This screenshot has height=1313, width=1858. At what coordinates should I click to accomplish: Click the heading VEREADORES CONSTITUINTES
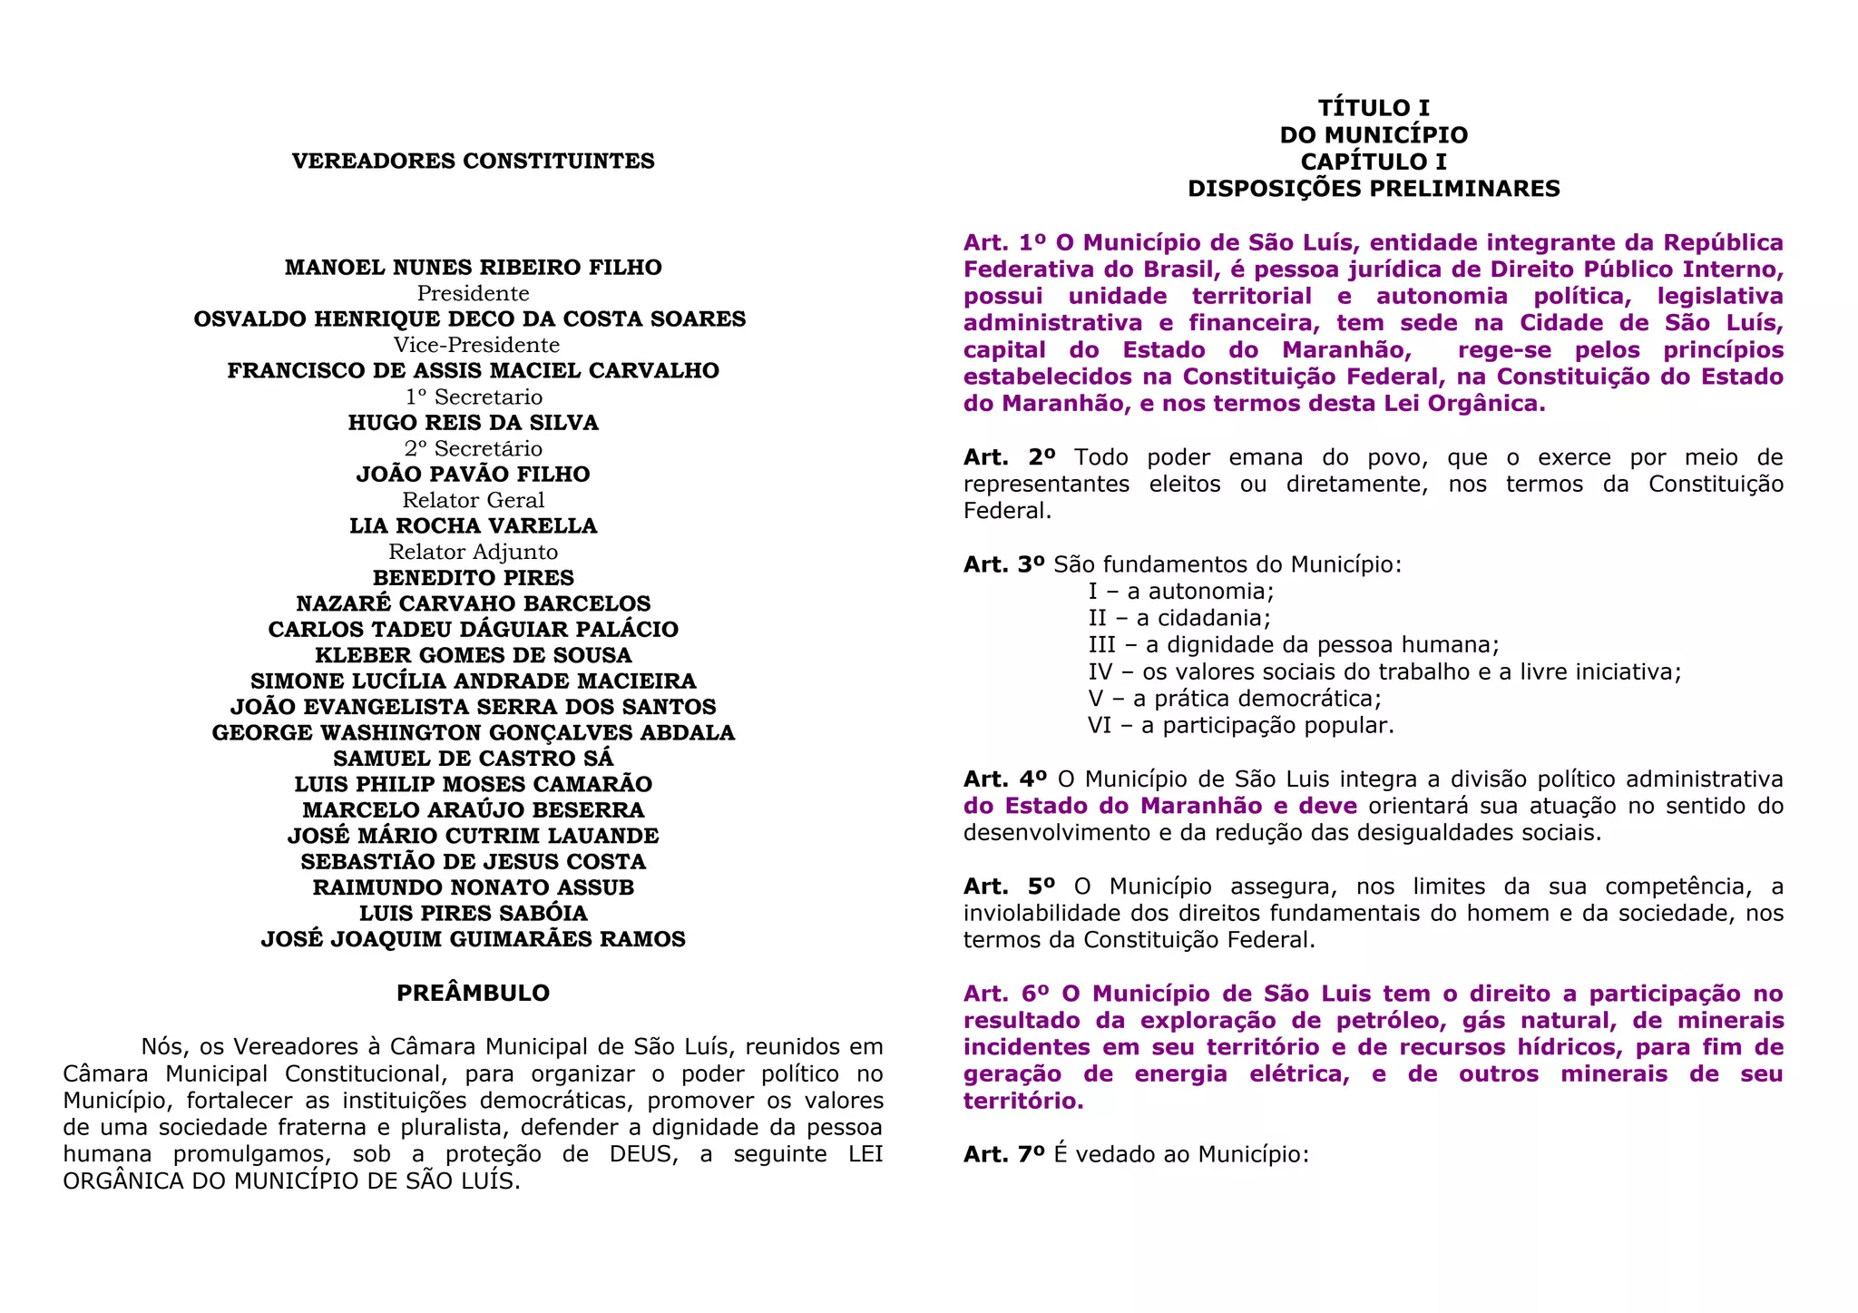(x=473, y=162)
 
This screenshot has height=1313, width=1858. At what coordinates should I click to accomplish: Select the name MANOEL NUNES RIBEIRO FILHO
(x=473, y=268)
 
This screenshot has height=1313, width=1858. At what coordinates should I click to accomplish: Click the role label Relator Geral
(x=474, y=501)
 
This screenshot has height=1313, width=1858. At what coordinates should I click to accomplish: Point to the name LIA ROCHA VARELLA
(x=473, y=526)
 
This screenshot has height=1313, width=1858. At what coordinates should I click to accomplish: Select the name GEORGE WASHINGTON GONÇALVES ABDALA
(x=473, y=733)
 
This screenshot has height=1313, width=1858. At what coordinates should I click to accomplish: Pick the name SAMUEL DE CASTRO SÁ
(x=473, y=759)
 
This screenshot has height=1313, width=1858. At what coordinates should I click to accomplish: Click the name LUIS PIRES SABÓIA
(x=473, y=914)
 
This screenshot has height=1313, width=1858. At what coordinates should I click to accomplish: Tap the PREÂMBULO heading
(x=473, y=994)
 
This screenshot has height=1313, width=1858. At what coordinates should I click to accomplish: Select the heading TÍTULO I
(x=1374, y=109)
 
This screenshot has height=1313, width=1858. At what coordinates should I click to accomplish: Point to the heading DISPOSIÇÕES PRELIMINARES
(x=1374, y=189)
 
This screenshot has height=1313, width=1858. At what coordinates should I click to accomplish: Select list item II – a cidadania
(x=1178, y=618)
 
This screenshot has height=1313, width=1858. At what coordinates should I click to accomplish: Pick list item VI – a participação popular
(x=1240, y=726)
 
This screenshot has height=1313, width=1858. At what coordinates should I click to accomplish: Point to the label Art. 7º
(x=1004, y=1155)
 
